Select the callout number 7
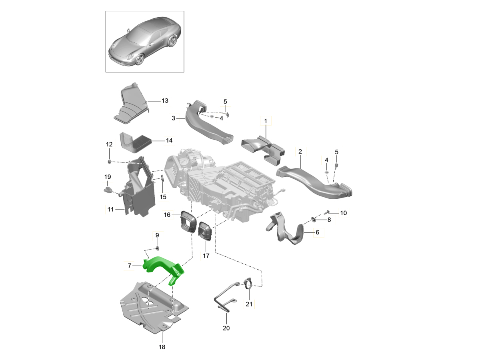(x=129, y=266)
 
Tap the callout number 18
(x=162, y=347)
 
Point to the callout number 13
(x=165, y=101)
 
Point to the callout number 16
(x=167, y=215)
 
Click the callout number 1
(x=265, y=120)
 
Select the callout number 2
(x=300, y=152)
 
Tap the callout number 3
(x=174, y=118)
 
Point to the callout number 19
(x=108, y=177)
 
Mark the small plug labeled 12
(x=109, y=161)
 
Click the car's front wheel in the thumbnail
(x=140, y=59)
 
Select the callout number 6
(x=317, y=232)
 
